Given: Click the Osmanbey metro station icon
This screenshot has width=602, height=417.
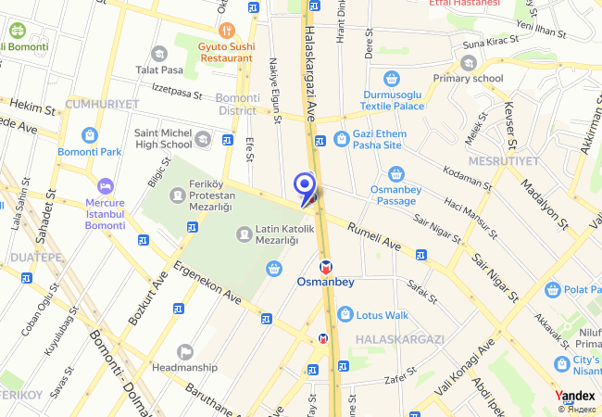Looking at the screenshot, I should [311, 266].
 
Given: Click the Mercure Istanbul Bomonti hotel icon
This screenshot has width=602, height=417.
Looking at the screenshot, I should [105, 185].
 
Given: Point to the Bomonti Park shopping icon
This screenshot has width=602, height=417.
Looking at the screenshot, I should [89, 135].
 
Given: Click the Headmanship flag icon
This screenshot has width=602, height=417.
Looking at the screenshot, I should [185, 351].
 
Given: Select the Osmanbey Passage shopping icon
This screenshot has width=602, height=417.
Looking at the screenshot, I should [396, 173].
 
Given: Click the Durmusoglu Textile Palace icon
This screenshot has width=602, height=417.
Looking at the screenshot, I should [392, 78].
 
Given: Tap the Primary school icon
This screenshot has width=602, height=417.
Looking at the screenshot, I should [468, 63].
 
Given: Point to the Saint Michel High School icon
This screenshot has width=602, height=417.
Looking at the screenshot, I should [203, 139].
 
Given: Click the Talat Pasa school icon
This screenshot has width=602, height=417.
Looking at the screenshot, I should [159, 54].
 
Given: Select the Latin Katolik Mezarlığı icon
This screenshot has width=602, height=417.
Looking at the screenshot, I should [245, 234].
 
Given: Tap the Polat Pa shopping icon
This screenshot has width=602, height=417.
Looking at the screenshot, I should [553, 290].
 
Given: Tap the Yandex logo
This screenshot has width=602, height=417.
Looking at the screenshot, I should [575, 396].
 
